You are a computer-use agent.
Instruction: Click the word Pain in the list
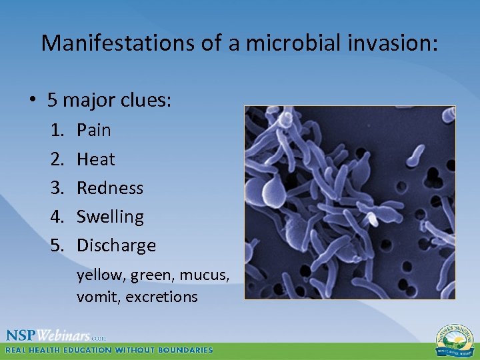[x=94, y=130]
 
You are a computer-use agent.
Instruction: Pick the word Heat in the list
[x=96, y=159]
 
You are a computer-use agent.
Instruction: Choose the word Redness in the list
[x=110, y=188]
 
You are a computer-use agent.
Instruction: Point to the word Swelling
[x=110, y=217]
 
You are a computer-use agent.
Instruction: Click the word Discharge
[x=116, y=245]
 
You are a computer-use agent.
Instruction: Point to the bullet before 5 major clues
[x=31, y=101]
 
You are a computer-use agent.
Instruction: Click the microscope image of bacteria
[x=349, y=202]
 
